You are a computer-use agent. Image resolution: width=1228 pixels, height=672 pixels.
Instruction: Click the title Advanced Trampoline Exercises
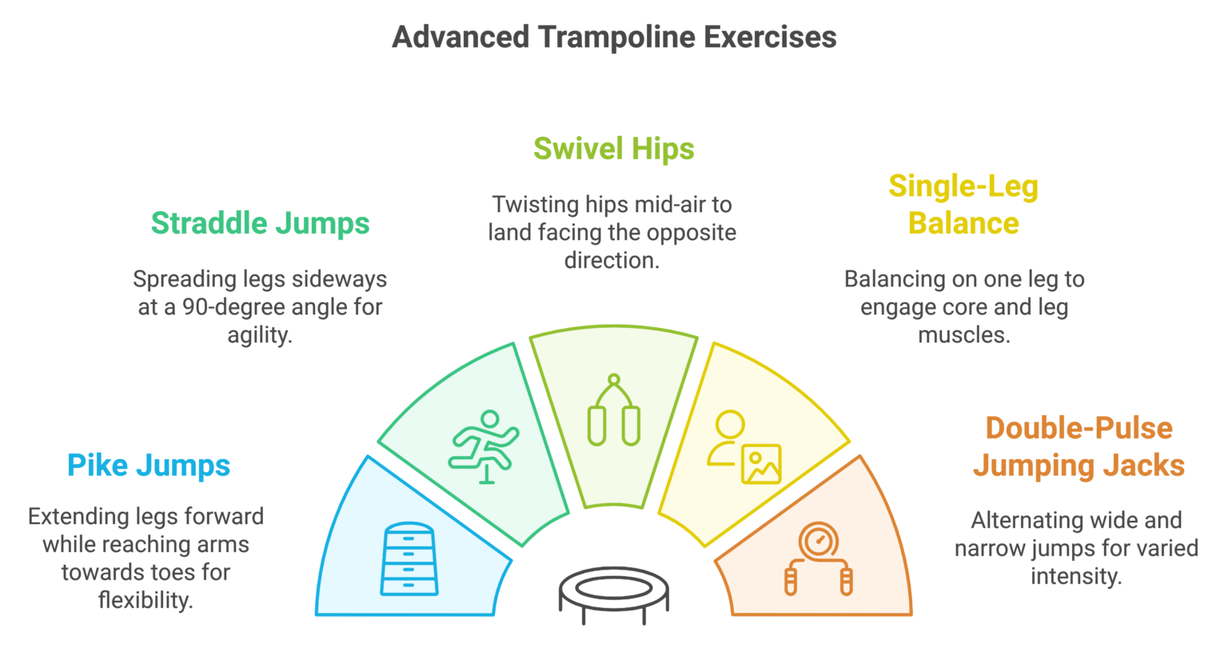(x=614, y=38)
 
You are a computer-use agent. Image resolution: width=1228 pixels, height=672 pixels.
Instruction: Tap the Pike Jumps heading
(x=149, y=466)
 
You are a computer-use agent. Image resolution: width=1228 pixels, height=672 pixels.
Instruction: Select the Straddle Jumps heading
(x=260, y=223)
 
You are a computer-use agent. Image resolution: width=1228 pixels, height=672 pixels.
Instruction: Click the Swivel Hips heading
(x=613, y=149)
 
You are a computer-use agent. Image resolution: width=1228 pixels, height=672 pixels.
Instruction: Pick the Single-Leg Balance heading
(x=963, y=205)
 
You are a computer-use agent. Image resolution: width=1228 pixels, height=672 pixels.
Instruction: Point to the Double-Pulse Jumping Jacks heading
(x=1078, y=446)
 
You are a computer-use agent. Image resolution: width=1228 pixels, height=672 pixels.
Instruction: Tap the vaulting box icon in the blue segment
(x=409, y=559)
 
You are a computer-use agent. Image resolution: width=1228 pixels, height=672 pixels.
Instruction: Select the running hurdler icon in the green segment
(x=484, y=446)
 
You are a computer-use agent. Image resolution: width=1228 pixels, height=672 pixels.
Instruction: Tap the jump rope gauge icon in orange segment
(x=819, y=559)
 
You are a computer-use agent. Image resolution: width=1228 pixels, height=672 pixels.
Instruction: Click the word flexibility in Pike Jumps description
(x=146, y=600)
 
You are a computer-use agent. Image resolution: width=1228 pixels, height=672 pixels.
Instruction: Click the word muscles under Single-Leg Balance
(x=963, y=335)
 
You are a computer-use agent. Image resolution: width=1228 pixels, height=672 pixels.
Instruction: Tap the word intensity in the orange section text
(x=1076, y=576)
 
